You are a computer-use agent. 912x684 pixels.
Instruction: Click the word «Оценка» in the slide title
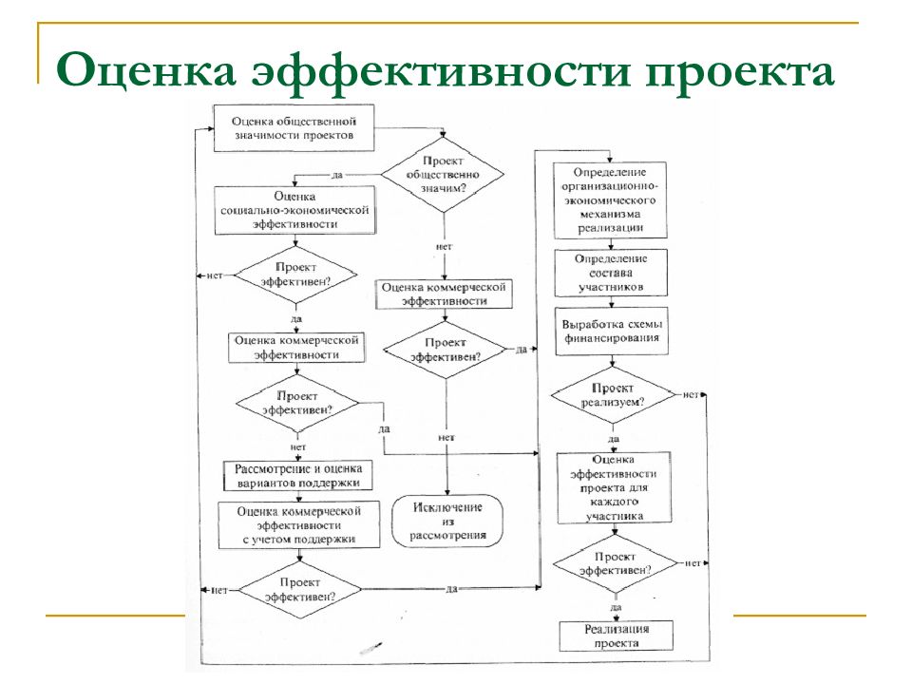tap(146, 71)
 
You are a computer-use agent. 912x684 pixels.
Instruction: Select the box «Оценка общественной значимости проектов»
tap(294, 128)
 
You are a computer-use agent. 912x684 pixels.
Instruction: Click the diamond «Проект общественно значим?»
tap(443, 175)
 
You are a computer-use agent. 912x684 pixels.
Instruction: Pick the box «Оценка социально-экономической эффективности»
tap(294, 211)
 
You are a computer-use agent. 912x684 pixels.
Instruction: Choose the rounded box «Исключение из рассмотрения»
tap(447, 522)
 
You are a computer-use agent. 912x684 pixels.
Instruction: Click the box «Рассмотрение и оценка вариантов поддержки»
tap(297, 476)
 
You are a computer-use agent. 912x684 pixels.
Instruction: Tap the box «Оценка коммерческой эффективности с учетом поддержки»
tap(299, 525)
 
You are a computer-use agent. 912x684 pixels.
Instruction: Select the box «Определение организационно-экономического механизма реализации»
tap(610, 200)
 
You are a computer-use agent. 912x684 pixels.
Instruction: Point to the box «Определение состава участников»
tap(611, 273)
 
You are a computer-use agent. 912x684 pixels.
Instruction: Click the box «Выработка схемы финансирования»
tap(611, 331)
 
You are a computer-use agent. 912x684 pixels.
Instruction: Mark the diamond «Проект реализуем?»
tap(613, 395)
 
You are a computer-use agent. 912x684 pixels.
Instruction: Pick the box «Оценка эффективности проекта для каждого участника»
tap(615, 488)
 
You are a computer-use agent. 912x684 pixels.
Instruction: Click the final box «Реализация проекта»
tap(616, 636)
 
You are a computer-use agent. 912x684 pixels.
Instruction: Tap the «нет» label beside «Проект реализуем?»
tap(691, 394)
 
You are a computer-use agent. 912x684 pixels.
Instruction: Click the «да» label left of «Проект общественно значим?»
tap(336, 175)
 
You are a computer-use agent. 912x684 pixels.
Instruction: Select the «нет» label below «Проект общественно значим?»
tap(444, 247)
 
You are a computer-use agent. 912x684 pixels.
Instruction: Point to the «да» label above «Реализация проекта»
tap(616, 607)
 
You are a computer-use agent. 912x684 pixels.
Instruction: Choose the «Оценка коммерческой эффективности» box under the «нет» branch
tap(445, 294)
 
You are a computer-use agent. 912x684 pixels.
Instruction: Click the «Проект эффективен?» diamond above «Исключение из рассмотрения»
tap(446, 350)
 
